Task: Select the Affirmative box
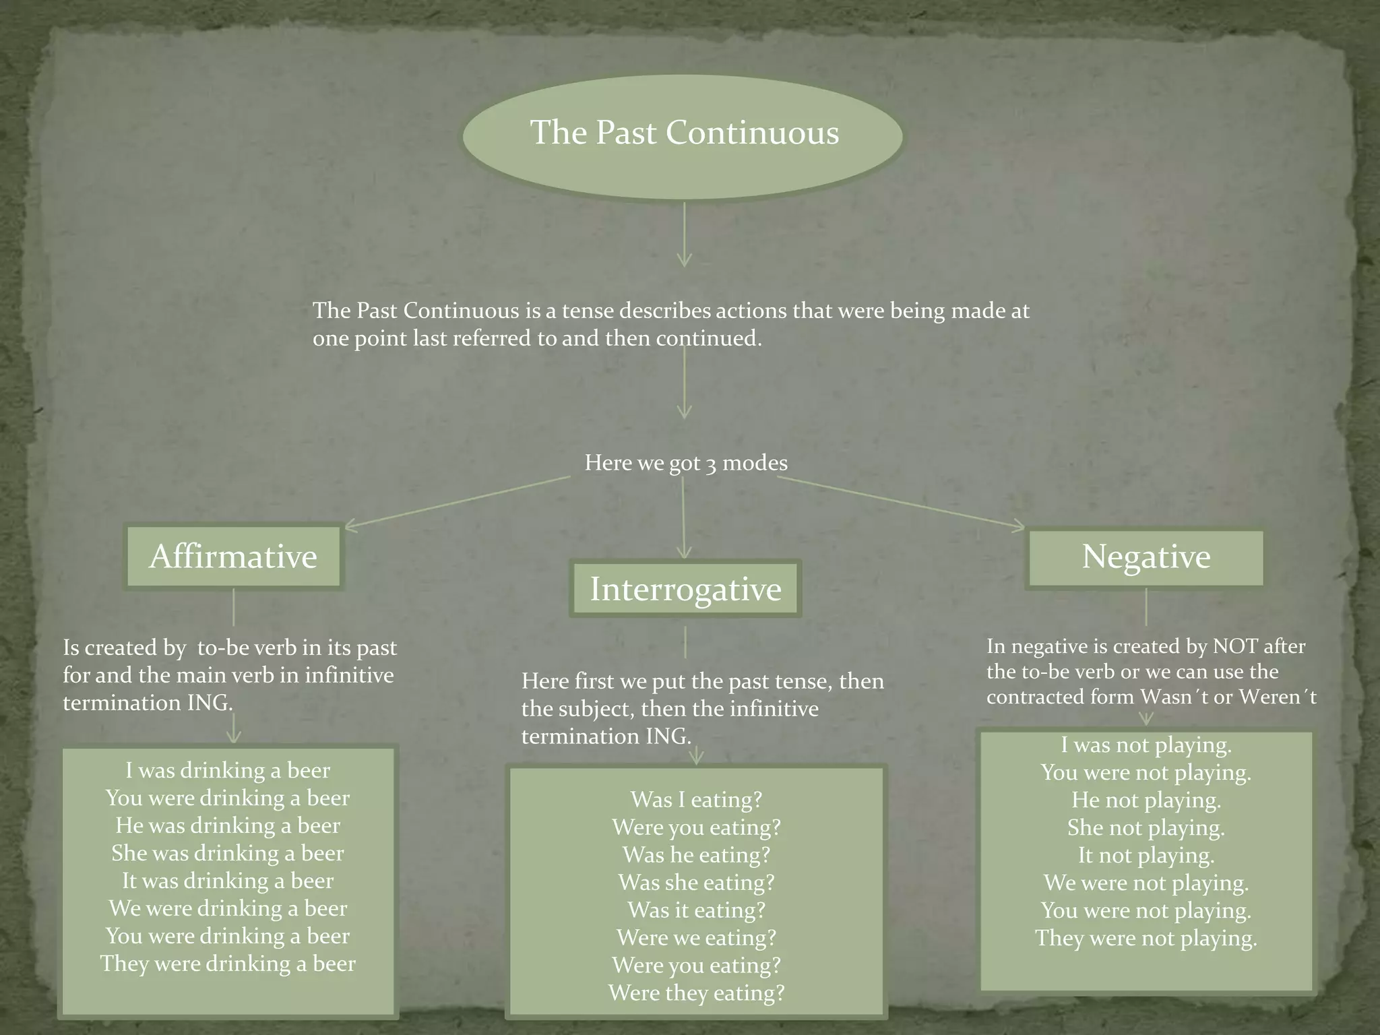pyautogui.click(x=233, y=557)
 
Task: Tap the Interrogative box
pyautogui.click(x=685, y=589)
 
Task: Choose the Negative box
pyautogui.click(x=1146, y=557)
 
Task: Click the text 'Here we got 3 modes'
pyautogui.click(x=685, y=463)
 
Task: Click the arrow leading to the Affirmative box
pyautogui.click(x=458, y=501)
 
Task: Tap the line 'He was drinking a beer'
pyautogui.click(x=228, y=825)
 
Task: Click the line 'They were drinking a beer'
pyautogui.click(x=228, y=964)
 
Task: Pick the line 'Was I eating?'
pyautogui.click(x=696, y=800)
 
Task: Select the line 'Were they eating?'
pyautogui.click(x=696, y=993)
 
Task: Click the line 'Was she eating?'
pyautogui.click(x=696, y=883)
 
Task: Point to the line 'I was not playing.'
pyautogui.click(x=1146, y=745)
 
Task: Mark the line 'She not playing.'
pyautogui.click(x=1146, y=827)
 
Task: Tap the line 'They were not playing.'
pyautogui.click(x=1146, y=938)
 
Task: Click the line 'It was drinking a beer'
pyautogui.click(x=228, y=881)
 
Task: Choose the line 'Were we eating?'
pyautogui.click(x=696, y=938)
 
